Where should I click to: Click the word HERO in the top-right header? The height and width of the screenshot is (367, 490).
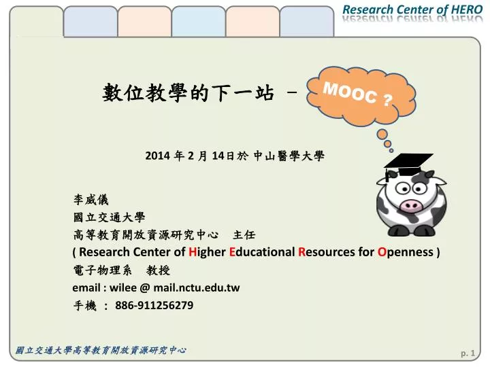467,10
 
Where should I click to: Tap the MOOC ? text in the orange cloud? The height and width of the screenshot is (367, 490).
357,94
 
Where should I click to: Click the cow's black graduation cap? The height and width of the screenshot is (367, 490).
408,165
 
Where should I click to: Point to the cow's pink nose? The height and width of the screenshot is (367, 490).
410,205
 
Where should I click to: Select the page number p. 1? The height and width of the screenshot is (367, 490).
468,353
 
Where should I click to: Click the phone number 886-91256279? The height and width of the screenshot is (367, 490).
154,305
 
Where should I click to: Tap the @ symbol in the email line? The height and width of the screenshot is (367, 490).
145,287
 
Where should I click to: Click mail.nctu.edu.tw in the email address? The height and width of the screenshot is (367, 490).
197,287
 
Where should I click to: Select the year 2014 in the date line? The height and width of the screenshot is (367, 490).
157,156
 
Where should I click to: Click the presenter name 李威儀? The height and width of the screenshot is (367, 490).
91,200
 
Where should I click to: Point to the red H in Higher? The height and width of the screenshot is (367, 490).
192,252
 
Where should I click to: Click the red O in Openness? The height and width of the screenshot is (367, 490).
382,252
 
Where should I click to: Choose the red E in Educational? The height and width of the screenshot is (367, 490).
232,252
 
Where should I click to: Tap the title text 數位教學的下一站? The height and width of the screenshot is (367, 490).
189,92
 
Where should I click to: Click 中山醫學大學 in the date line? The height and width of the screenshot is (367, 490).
289,156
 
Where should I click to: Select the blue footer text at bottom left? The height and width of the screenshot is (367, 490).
101,350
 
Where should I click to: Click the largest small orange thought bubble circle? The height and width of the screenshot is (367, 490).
382,135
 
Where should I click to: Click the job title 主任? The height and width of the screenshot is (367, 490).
244,234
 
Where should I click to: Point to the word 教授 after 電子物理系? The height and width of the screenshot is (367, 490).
158,270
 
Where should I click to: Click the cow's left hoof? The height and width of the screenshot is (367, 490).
398,230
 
